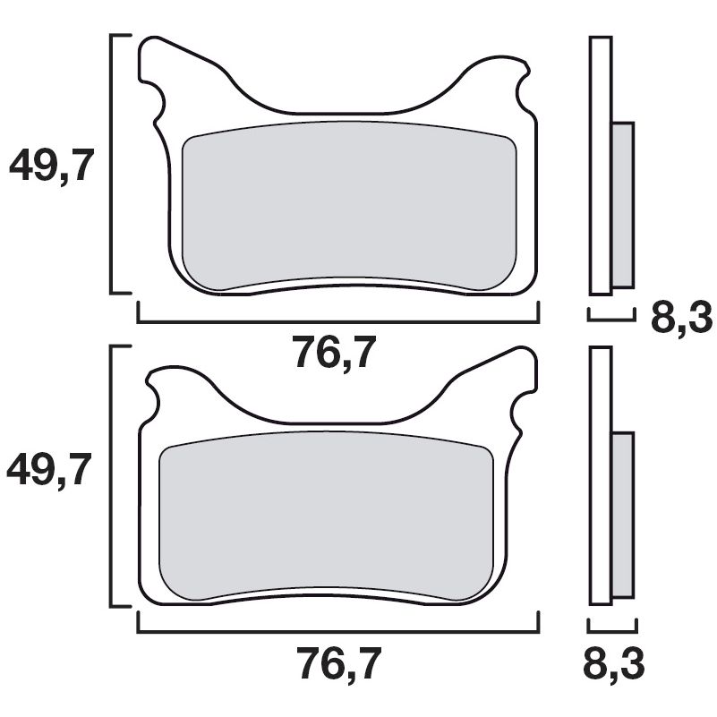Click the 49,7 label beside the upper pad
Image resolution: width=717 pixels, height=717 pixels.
point(51,166)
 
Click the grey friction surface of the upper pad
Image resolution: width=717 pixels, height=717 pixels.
point(349,206)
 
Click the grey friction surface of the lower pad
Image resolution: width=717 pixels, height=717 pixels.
point(327,519)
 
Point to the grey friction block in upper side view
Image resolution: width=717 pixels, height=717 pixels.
point(622,205)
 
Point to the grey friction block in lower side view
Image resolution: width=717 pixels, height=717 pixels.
point(622,516)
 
